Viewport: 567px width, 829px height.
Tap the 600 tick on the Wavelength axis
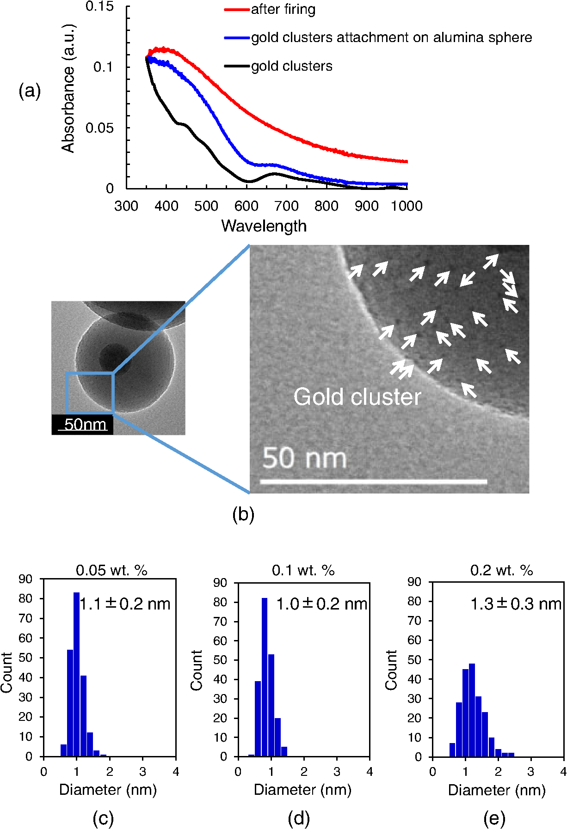(x=247, y=206)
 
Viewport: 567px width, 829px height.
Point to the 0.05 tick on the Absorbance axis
(x=99, y=128)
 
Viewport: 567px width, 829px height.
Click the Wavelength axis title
(x=264, y=226)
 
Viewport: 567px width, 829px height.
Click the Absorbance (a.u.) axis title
(x=68, y=88)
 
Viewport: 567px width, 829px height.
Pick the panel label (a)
(x=30, y=91)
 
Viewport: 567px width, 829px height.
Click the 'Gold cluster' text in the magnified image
(x=357, y=397)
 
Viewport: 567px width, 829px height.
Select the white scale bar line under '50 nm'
(x=373, y=482)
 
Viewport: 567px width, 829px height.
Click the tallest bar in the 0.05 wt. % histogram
(x=76, y=675)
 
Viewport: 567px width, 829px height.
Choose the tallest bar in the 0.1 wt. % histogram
(x=265, y=677)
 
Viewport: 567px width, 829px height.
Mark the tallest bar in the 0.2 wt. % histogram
(x=472, y=710)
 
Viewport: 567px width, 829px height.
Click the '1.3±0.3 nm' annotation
(x=515, y=604)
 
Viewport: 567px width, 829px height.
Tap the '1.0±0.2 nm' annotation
(x=321, y=604)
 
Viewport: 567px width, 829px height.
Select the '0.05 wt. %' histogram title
(x=111, y=571)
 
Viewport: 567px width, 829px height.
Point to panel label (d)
(x=298, y=818)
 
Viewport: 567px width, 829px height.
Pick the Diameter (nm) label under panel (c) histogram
(x=108, y=790)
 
